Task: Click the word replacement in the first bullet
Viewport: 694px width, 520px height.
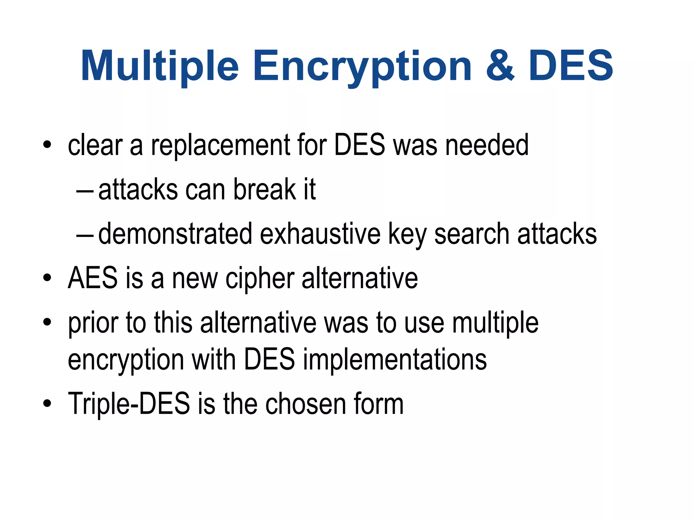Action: (x=220, y=146)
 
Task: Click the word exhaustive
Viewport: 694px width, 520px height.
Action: (x=320, y=234)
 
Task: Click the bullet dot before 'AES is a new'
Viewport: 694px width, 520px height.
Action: (x=47, y=279)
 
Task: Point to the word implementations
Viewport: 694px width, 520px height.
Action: (x=395, y=360)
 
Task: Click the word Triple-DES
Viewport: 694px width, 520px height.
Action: (x=129, y=404)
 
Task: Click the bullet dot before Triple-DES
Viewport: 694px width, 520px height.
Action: (x=47, y=404)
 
